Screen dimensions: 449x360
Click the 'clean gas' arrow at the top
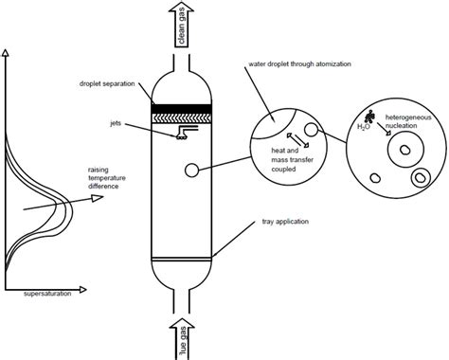coord(181,24)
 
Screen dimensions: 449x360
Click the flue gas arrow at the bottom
coord(182,339)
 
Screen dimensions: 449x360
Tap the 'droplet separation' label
coord(107,84)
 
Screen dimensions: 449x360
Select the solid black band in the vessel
coord(181,108)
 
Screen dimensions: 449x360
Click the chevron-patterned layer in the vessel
coord(181,117)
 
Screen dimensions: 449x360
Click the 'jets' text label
coord(116,123)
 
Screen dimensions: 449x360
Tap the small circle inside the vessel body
coord(191,171)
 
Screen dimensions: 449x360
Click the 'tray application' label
coord(285,222)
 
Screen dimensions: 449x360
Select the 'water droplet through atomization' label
coord(299,64)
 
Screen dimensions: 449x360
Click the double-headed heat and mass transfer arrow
coord(297,140)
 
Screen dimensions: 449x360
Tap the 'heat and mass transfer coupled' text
coord(293,160)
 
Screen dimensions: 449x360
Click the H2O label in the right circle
coord(363,127)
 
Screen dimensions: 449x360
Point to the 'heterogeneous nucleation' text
coord(408,121)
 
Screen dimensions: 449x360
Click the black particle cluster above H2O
coord(369,117)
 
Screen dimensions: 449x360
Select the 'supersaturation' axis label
coord(47,294)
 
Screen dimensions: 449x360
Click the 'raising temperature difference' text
coord(107,178)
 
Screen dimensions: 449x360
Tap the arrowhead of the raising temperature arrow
coord(98,198)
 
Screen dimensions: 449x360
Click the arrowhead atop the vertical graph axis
coord(5,52)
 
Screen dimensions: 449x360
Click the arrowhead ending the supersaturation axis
coord(82,289)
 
